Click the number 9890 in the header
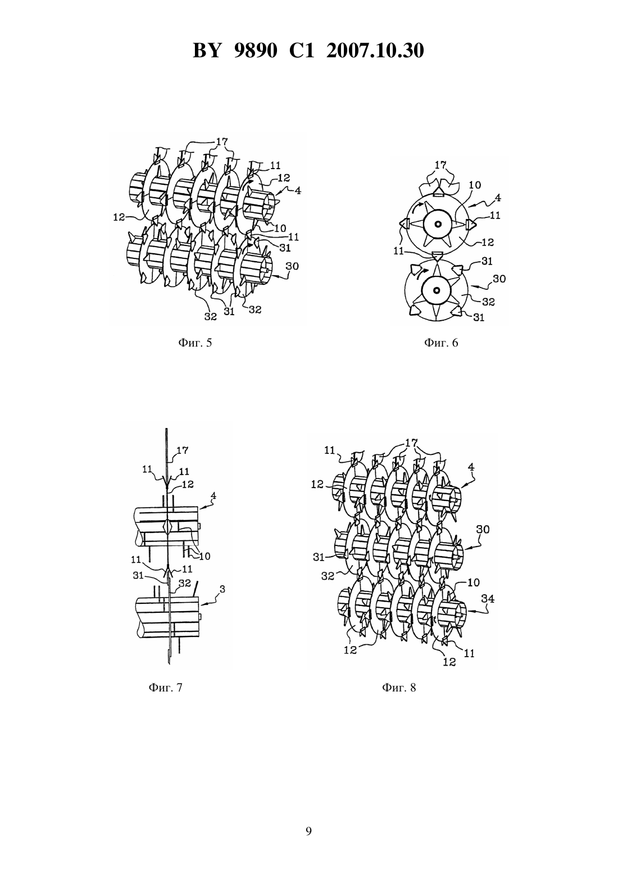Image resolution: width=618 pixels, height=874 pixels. coord(256,51)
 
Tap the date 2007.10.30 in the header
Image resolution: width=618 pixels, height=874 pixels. coord(375,51)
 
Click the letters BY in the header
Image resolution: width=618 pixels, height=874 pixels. coord(207,51)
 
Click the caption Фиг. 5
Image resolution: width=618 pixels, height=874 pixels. coord(195,343)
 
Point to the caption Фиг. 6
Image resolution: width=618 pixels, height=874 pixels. coord(441,343)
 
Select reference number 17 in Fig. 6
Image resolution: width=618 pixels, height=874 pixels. coord(440,165)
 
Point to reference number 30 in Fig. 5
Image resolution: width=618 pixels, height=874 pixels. coord(292,266)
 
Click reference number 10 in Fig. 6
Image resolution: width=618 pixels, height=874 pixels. coord(475,185)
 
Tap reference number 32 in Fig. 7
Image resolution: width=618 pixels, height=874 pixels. coord(184,583)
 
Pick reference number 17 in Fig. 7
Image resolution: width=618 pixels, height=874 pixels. coord(183,450)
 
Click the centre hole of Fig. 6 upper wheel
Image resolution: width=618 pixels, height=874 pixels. coord(438,224)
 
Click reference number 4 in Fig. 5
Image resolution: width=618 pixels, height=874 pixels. coord(298,191)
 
